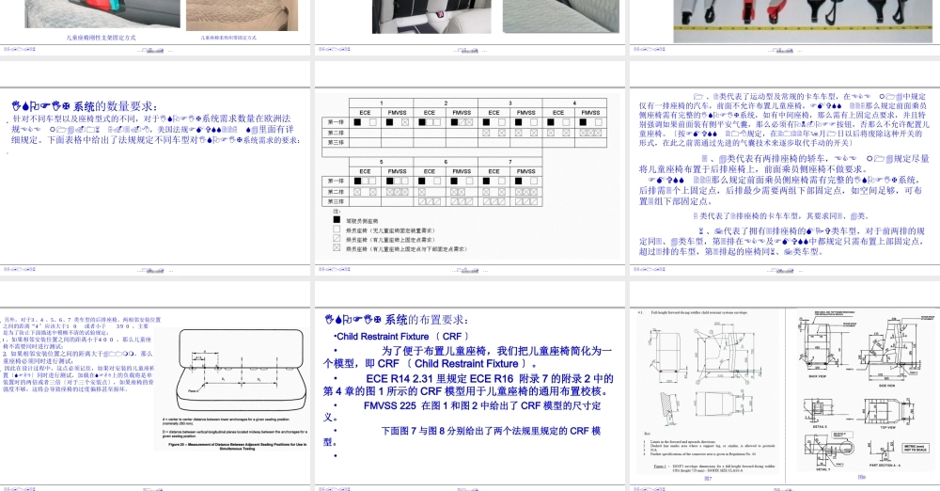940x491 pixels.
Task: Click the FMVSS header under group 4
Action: [x=590, y=112]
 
